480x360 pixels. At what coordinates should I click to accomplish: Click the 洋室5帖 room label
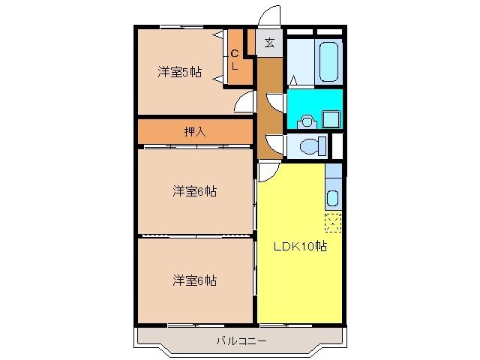point(179,72)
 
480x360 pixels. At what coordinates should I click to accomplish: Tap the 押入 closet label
point(194,131)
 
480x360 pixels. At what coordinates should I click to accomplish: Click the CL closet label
point(234,60)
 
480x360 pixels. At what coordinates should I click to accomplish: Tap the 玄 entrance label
point(269,43)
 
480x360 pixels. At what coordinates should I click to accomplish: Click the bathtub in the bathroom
point(329,61)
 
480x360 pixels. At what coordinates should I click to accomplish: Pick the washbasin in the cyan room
point(306,120)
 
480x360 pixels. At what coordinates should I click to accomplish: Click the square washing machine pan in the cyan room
point(331,118)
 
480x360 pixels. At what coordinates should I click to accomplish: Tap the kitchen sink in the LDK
point(333,199)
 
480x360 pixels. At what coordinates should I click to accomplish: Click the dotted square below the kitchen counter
point(333,222)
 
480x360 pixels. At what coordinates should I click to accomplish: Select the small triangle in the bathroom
point(295,79)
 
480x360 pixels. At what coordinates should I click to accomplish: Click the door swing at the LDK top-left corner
point(267,171)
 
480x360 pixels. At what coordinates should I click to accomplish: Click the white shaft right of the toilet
point(337,145)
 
